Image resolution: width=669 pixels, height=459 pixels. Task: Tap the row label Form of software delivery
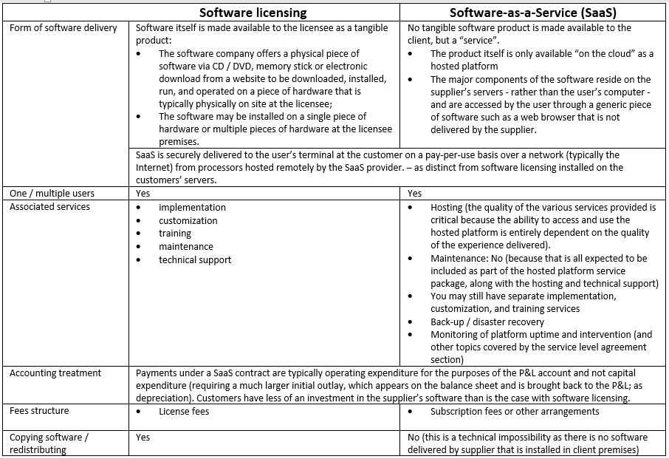(x=64, y=28)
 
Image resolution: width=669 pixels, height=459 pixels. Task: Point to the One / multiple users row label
(x=52, y=193)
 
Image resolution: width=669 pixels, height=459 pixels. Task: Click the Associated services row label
(x=49, y=207)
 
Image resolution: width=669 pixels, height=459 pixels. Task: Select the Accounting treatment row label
(x=55, y=373)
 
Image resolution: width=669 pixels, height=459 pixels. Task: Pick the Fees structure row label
(x=39, y=411)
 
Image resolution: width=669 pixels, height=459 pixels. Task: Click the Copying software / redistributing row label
(x=49, y=443)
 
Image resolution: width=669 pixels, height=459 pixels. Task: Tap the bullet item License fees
(x=184, y=412)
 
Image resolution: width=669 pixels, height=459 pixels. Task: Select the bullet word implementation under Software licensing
(x=192, y=208)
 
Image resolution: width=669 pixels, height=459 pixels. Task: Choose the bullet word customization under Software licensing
(x=188, y=221)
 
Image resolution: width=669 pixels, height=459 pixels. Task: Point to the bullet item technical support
(x=195, y=260)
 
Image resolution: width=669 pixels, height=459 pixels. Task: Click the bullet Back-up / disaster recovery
(x=487, y=322)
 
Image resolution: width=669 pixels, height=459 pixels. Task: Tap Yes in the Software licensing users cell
(x=143, y=194)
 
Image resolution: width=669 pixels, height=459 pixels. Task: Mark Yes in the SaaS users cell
(x=415, y=194)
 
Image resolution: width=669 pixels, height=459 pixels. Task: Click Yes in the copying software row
(x=143, y=438)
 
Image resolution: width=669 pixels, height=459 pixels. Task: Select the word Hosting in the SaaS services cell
(x=447, y=208)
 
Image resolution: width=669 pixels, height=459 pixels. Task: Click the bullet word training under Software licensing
(x=175, y=234)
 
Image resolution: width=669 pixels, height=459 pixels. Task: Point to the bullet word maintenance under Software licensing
(x=185, y=247)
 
